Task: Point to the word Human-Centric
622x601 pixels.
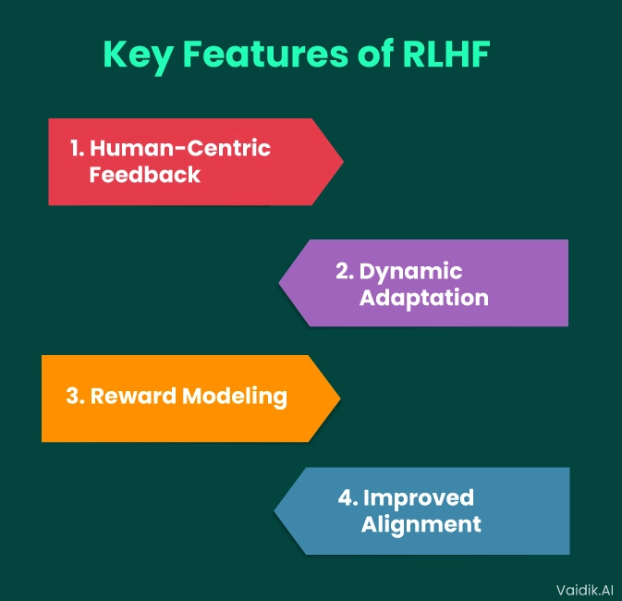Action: pyautogui.click(x=180, y=148)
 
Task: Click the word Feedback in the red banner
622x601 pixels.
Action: pyautogui.click(x=145, y=175)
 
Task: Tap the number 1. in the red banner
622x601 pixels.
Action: pyautogui.click(x=77, y=148)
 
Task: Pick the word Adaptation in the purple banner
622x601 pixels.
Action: pyautogui.click(x=423, y=299)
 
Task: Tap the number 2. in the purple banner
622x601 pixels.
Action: pyautogui.click(x=345, y=272)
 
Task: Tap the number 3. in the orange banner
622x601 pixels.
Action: pyautogui.click(x=75, y=397)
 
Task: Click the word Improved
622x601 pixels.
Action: pyautogui.click(x=418, y=497)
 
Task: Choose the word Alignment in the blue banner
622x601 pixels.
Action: pyautogui.click(x=421, y=524)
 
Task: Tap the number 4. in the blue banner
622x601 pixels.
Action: pyautogui.click(x=348, y=497)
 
